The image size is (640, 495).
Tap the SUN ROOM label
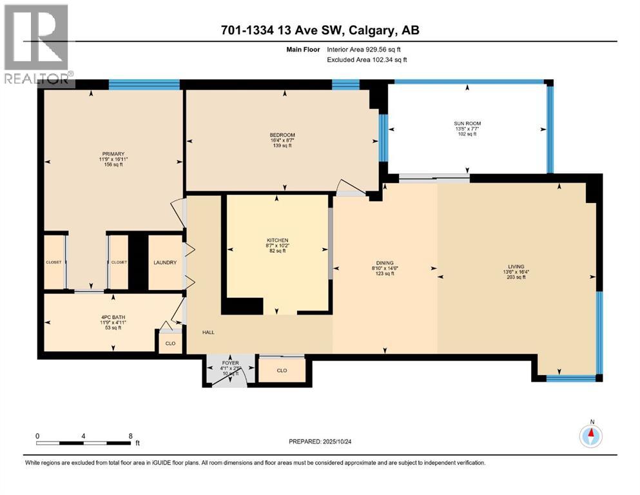[467, 123]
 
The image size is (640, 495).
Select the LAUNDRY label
[165, 262]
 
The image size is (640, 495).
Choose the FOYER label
[230, 363]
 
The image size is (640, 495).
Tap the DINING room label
[385, 262]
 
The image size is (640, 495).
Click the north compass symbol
[591, 436]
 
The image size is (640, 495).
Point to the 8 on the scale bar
[131, 436]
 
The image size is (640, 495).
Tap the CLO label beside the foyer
[282, 370]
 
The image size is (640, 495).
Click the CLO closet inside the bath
[170, 344]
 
